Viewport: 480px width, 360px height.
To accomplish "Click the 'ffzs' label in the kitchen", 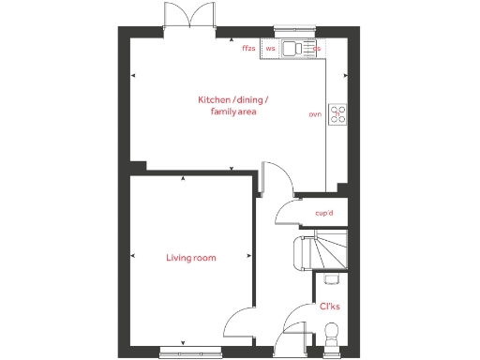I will (x=248, y=48).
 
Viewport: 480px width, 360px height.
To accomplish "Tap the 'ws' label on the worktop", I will (x=271, y=48).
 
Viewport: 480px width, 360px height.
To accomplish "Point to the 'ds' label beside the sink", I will (x=317, y=48).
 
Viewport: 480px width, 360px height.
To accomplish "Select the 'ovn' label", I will (x=315, y=114).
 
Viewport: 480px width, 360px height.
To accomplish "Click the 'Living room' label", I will (x=191, y=258).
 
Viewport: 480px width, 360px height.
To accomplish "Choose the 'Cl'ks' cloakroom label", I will (x=330, y=306).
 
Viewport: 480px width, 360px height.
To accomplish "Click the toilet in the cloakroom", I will (x=330, y=331).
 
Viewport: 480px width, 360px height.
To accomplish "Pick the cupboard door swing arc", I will (x=284, y=217).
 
